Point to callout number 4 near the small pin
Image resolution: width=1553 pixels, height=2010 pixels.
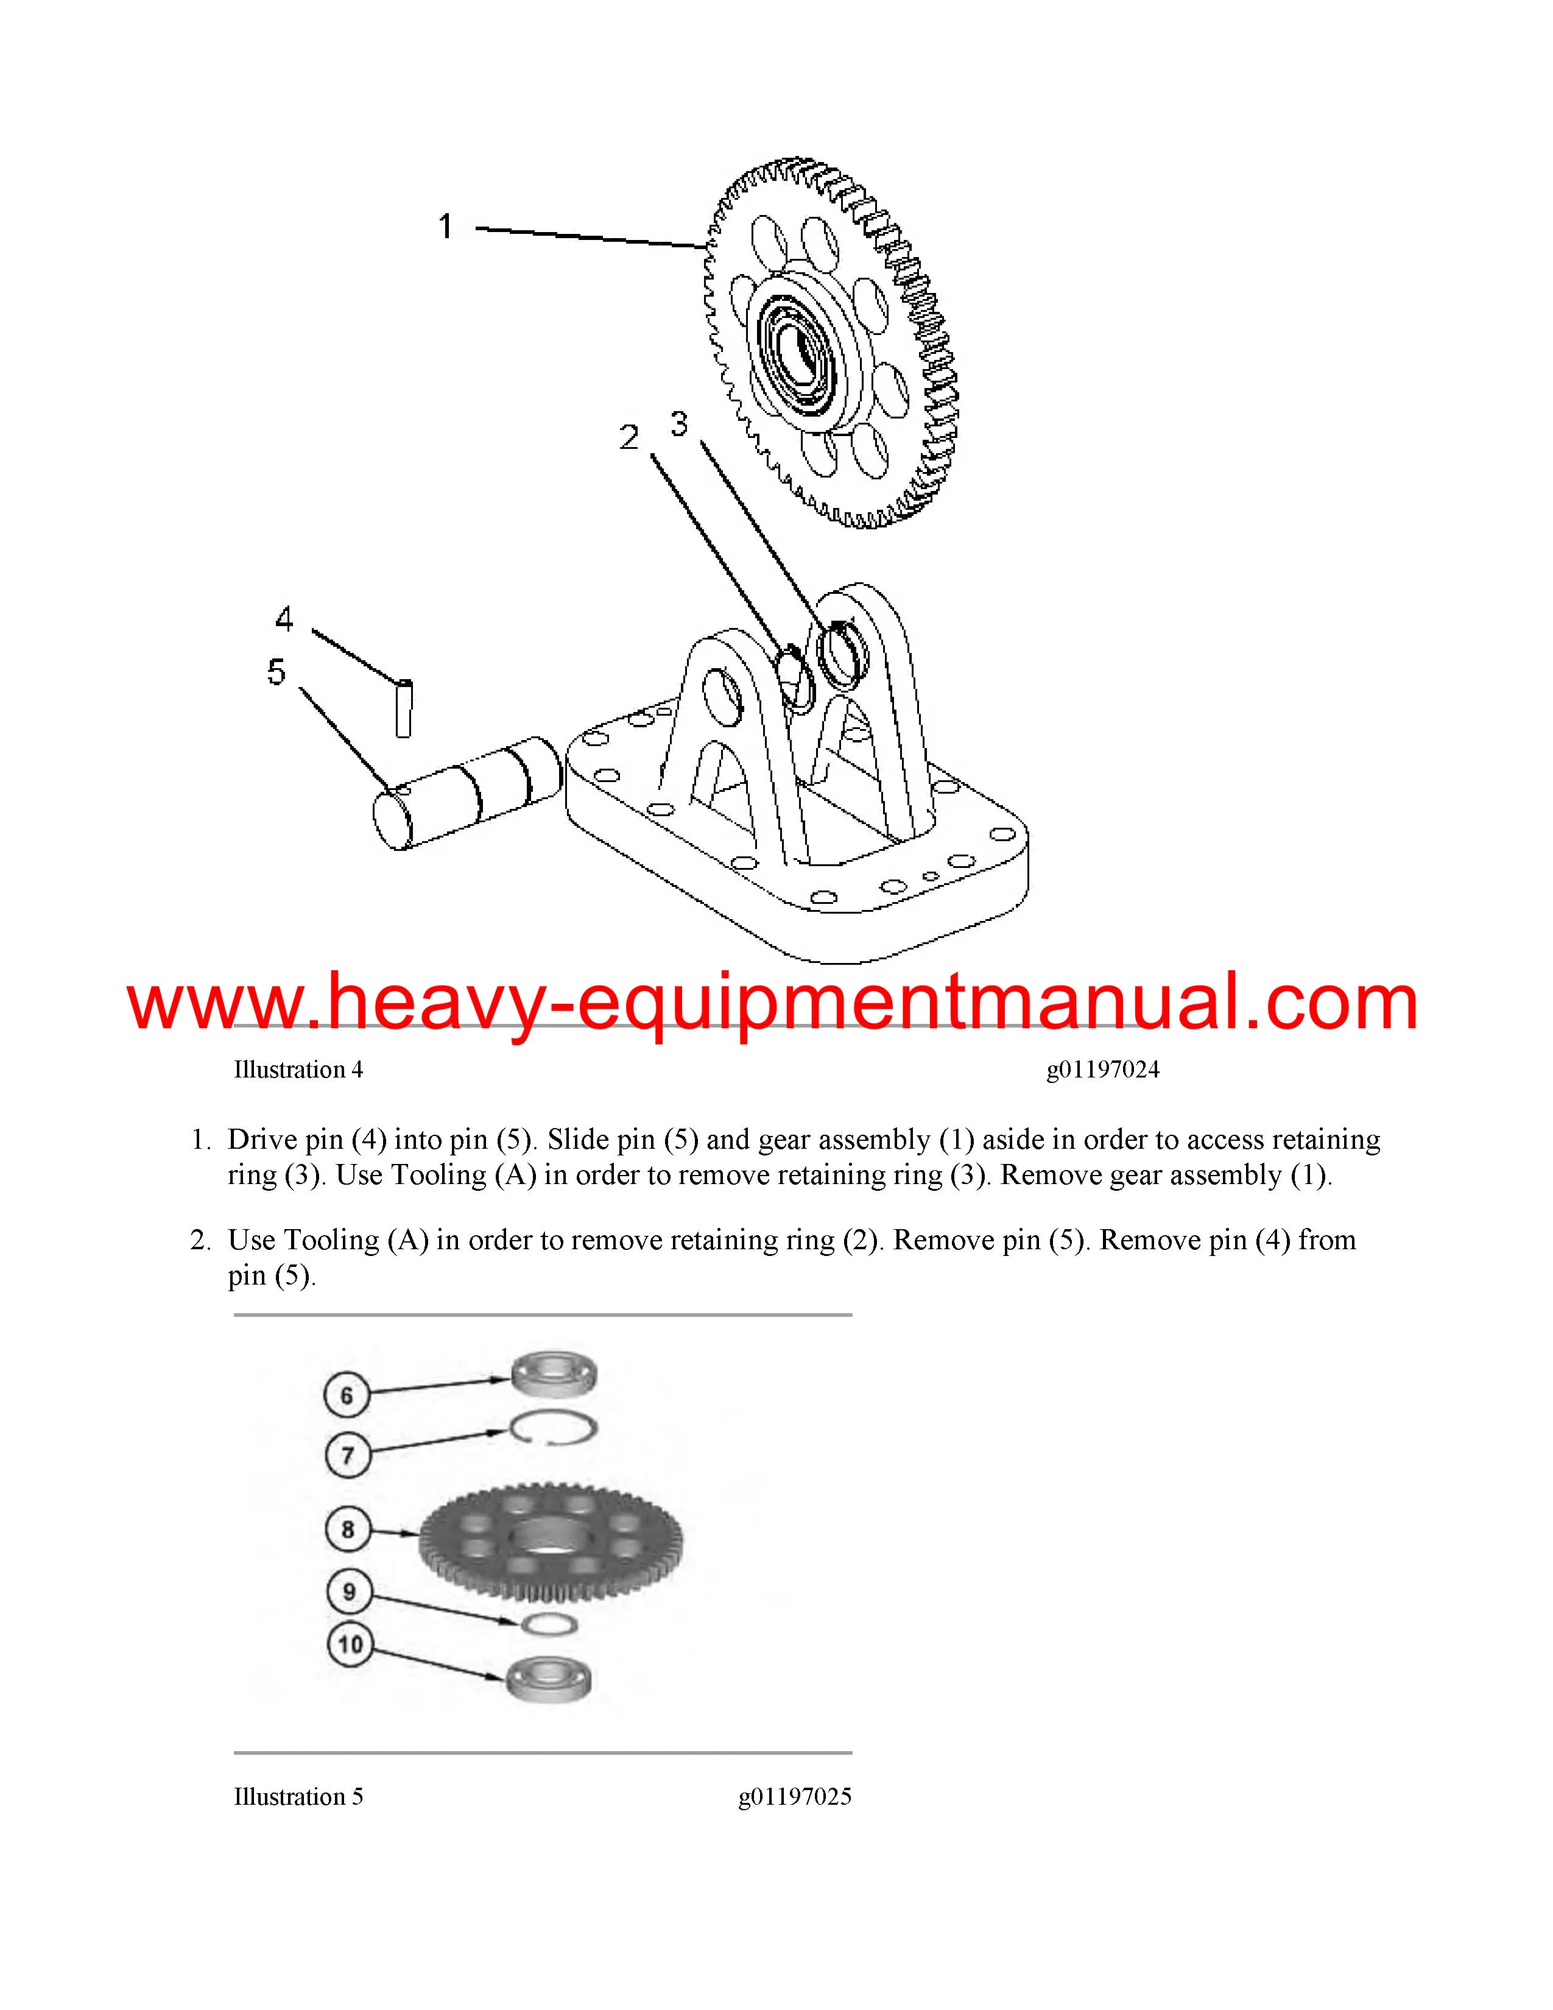coord(284,618)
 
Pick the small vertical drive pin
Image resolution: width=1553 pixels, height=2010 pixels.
coord(403,708)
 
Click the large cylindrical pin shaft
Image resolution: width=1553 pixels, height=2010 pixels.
coord(467,792)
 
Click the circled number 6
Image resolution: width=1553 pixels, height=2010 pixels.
coord(347,1396)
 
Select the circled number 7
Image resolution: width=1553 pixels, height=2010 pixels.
coord(348,1455)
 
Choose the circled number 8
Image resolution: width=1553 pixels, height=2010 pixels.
coord(348,1529)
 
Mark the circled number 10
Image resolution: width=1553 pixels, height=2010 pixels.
coord(350,1645)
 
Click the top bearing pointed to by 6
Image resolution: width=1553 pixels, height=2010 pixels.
coord(555,1374)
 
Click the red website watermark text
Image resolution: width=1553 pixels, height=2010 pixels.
coord(773,1003)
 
